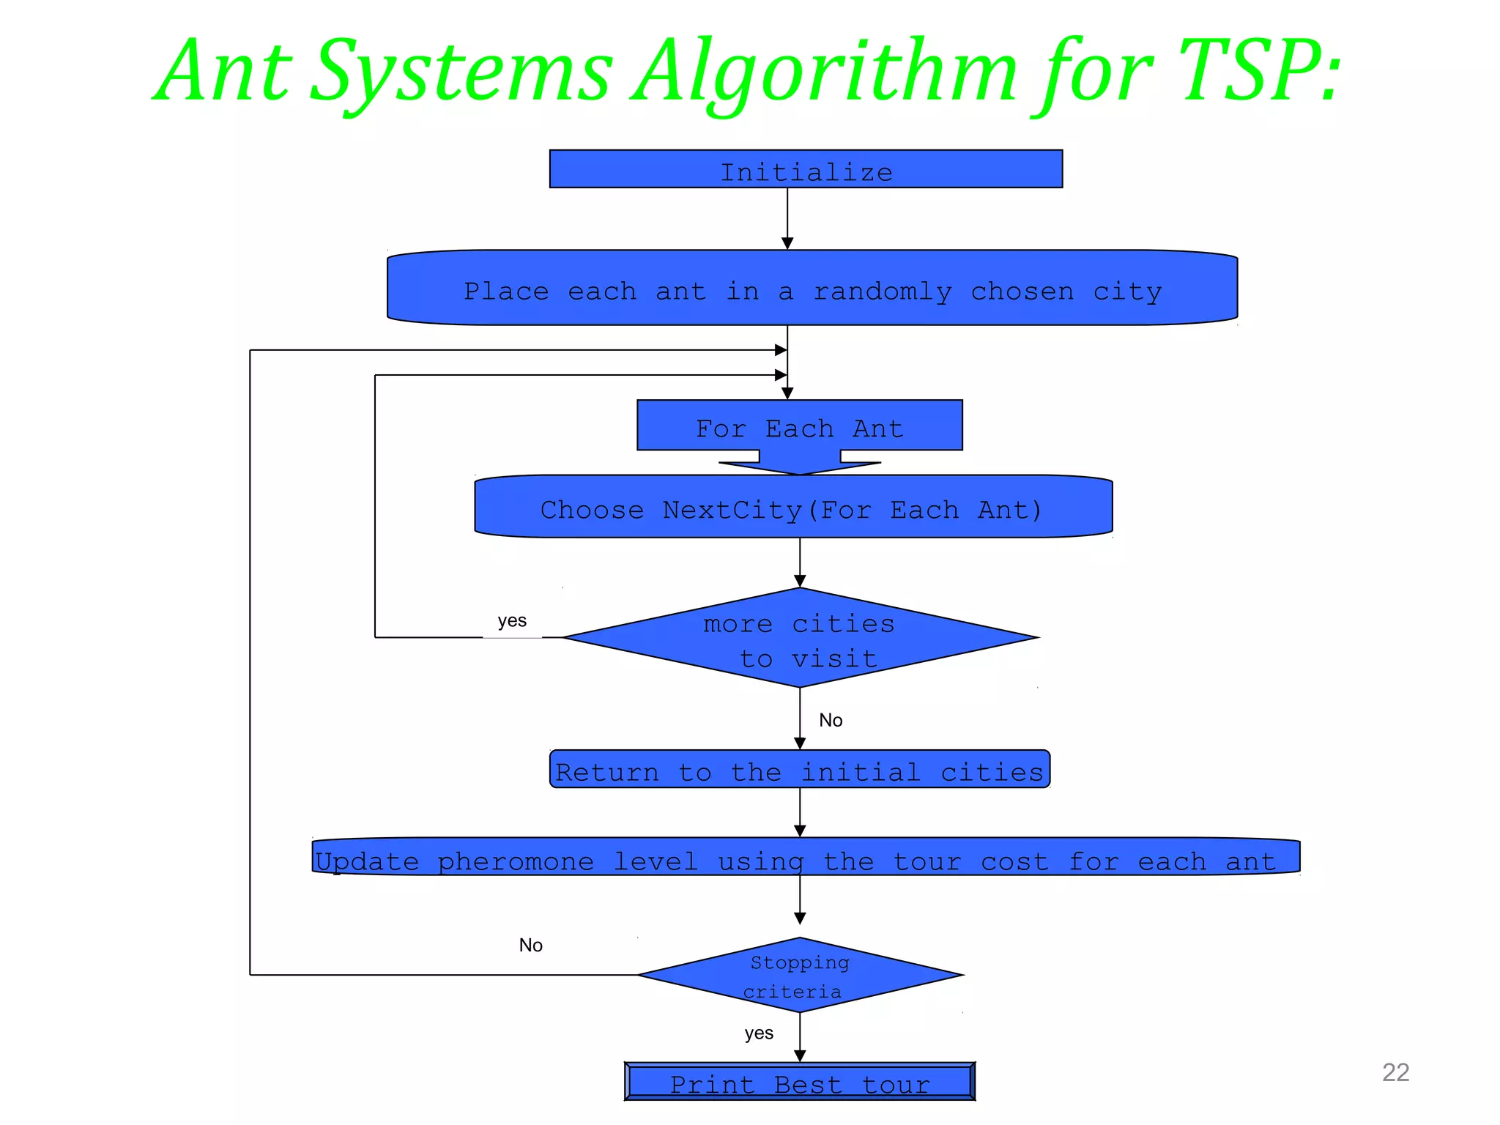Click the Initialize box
pyautogui.click(x=806, y=169)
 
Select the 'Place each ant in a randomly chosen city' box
pyautogui.click(x=812, y=288)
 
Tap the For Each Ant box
pyautogui.click(x=799, y=426)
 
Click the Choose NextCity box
pyautogui.click(x=792, y=507)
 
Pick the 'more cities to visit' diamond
pyautogui.click(x=799, y=638)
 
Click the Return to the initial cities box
pyautogui.click(x=799, y=770)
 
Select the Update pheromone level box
pyautogui.click(x=806, y=857)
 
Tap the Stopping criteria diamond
pyautogui.click(x=799, y=976)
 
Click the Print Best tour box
pyautogui.click(x=799, y=1082)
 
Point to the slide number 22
pyautogui.click(x=1395, y=1072)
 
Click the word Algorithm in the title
pyautogui.click(x=824, y=72)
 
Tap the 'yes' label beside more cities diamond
pyautogui.click(x=512, y=621)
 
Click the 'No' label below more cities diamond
pyautogui.click(x=831, y=721)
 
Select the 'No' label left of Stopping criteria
pyautogui.click(x=530, y=946)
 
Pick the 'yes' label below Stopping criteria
pyautogui.click(x=759, y=1033)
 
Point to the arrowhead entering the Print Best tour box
pyautogui.click(x=800, y=1055)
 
